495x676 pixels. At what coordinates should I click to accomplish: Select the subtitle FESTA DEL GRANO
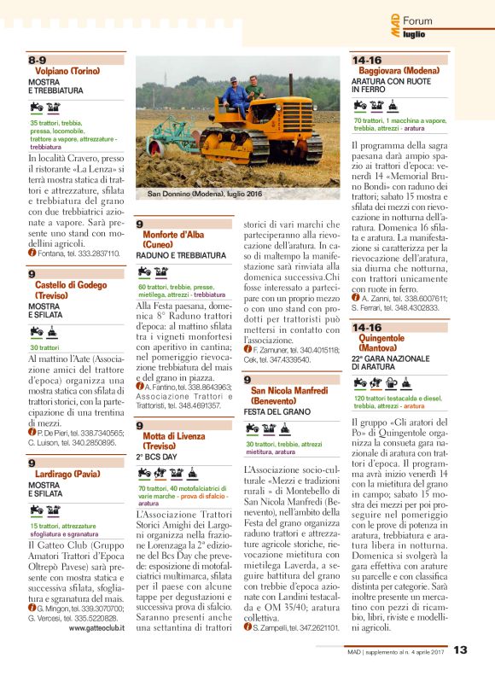[x=276, y=411]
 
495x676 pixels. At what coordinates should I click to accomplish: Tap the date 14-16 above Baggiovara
[x=367, y=60]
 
